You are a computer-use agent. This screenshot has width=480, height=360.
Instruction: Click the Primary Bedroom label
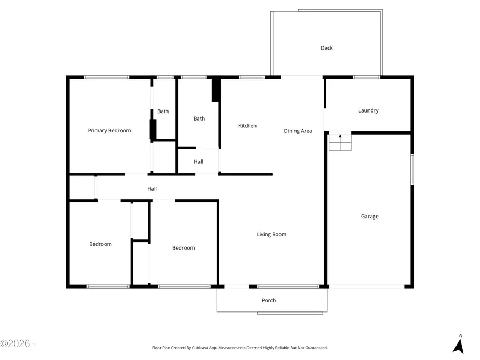(109, 130)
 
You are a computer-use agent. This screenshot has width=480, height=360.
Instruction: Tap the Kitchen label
(247, 126)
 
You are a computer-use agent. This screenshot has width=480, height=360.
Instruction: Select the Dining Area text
(298, 131)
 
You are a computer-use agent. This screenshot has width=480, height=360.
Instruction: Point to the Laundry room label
(369, 110)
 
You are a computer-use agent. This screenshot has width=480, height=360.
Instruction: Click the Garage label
(370, 216)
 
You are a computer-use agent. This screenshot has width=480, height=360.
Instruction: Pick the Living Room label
(271, 234)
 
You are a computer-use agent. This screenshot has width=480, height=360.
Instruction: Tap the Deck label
(326, 48)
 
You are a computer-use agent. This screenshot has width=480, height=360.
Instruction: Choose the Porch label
(269, 300)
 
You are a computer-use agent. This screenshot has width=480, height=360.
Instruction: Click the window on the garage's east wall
(412, 170)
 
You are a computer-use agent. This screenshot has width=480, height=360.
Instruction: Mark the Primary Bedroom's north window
(107, 77)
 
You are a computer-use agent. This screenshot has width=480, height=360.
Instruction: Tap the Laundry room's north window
(367, 77)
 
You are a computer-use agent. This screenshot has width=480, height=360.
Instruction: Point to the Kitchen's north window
(252, 77)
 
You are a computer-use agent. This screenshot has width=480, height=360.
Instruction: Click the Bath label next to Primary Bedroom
(163, 111)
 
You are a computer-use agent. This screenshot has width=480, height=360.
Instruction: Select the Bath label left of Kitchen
(199, 118)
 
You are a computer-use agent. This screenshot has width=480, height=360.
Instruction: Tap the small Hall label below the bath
(198, 162)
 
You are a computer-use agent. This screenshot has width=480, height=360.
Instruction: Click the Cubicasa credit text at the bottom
(240, 348)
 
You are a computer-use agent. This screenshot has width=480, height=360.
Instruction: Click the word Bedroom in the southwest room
(100, 244)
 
